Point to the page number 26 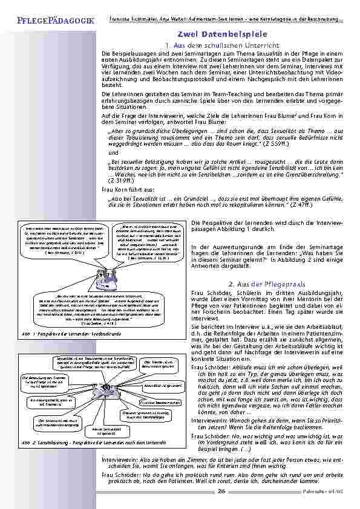point(221,491)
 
